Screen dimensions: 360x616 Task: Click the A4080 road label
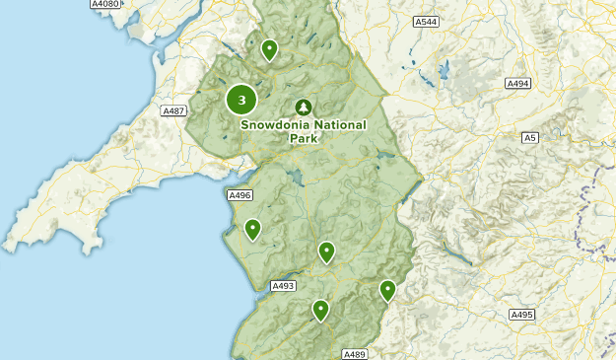coord(104,5)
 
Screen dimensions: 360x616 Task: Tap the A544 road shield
coord(426,21)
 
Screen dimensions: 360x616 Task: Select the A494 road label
coord(518,84)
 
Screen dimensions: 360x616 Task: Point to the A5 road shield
coord(530,137)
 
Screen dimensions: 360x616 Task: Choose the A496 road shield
coord(240,195)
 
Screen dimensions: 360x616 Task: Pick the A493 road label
coord(283,285)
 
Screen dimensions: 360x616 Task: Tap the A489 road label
coord(355,354)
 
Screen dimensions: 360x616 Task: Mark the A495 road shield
coord(521,315)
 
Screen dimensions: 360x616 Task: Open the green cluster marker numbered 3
coord(241,100)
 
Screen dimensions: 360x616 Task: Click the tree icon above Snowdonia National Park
coord(304,107)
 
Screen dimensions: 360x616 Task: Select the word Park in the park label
coord(304,139)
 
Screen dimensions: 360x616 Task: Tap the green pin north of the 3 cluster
coord(269,49)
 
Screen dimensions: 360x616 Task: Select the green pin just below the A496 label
coord(253,229)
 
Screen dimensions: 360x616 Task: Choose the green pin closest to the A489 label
coord(320,310)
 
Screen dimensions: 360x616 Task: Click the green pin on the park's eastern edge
coord(387,290)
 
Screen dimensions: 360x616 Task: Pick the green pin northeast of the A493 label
coord(326,252)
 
